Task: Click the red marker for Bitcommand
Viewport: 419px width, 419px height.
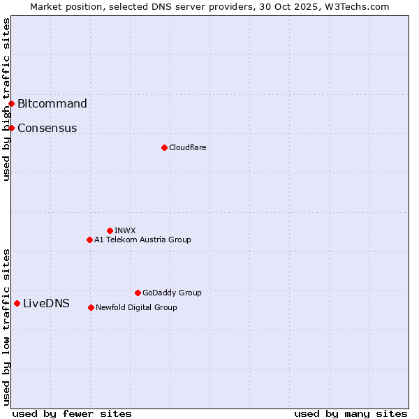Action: (x=11, y=104)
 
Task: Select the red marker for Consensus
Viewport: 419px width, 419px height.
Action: (x=11, y=128)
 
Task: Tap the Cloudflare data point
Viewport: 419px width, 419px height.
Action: (x=164, y=147)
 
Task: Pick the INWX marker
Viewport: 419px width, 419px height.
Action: (x=110, y=230)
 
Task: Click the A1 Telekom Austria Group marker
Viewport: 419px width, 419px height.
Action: (x=89, y=240)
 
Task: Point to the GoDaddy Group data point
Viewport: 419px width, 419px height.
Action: (x=138, y=293)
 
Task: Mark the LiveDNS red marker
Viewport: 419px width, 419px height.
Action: (x=17, y=303)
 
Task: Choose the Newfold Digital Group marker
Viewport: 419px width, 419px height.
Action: (x=91, y=307)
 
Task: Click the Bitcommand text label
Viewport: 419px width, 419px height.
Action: (x=52, y=104)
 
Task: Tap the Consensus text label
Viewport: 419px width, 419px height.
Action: (x=47, y=128)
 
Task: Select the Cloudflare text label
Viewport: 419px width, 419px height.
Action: (x=187, y=147)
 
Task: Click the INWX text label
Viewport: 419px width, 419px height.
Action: (x=125, y=230)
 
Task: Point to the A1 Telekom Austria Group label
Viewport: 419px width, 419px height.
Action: (x=142, y=240)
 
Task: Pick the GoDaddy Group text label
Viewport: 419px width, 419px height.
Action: (x=172, y=293)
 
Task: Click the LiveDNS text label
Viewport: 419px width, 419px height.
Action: (x=46, y=303)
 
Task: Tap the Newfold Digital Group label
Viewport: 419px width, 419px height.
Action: (x=136, y=307)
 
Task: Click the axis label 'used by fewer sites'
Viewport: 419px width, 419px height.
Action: (x=72, y=413)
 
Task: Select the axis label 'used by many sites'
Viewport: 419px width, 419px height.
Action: (x=351, y=413)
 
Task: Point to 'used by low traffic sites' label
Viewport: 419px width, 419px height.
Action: (x=6, y=327)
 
